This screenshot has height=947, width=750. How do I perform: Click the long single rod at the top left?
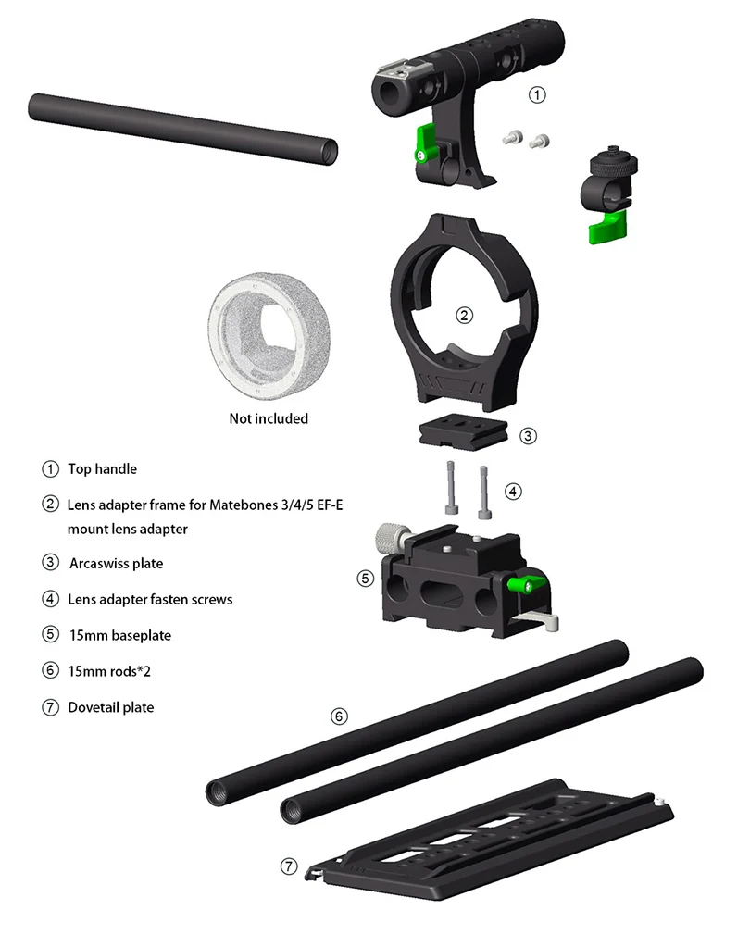point(182,129)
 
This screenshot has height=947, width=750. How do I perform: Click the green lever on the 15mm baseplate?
point(527,584)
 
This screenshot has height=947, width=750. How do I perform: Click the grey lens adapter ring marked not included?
point(269,336)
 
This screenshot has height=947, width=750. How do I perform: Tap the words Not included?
point(269,418)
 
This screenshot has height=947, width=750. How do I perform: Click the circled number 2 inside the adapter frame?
point(464,316)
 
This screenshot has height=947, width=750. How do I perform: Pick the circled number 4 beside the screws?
point(513,492)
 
